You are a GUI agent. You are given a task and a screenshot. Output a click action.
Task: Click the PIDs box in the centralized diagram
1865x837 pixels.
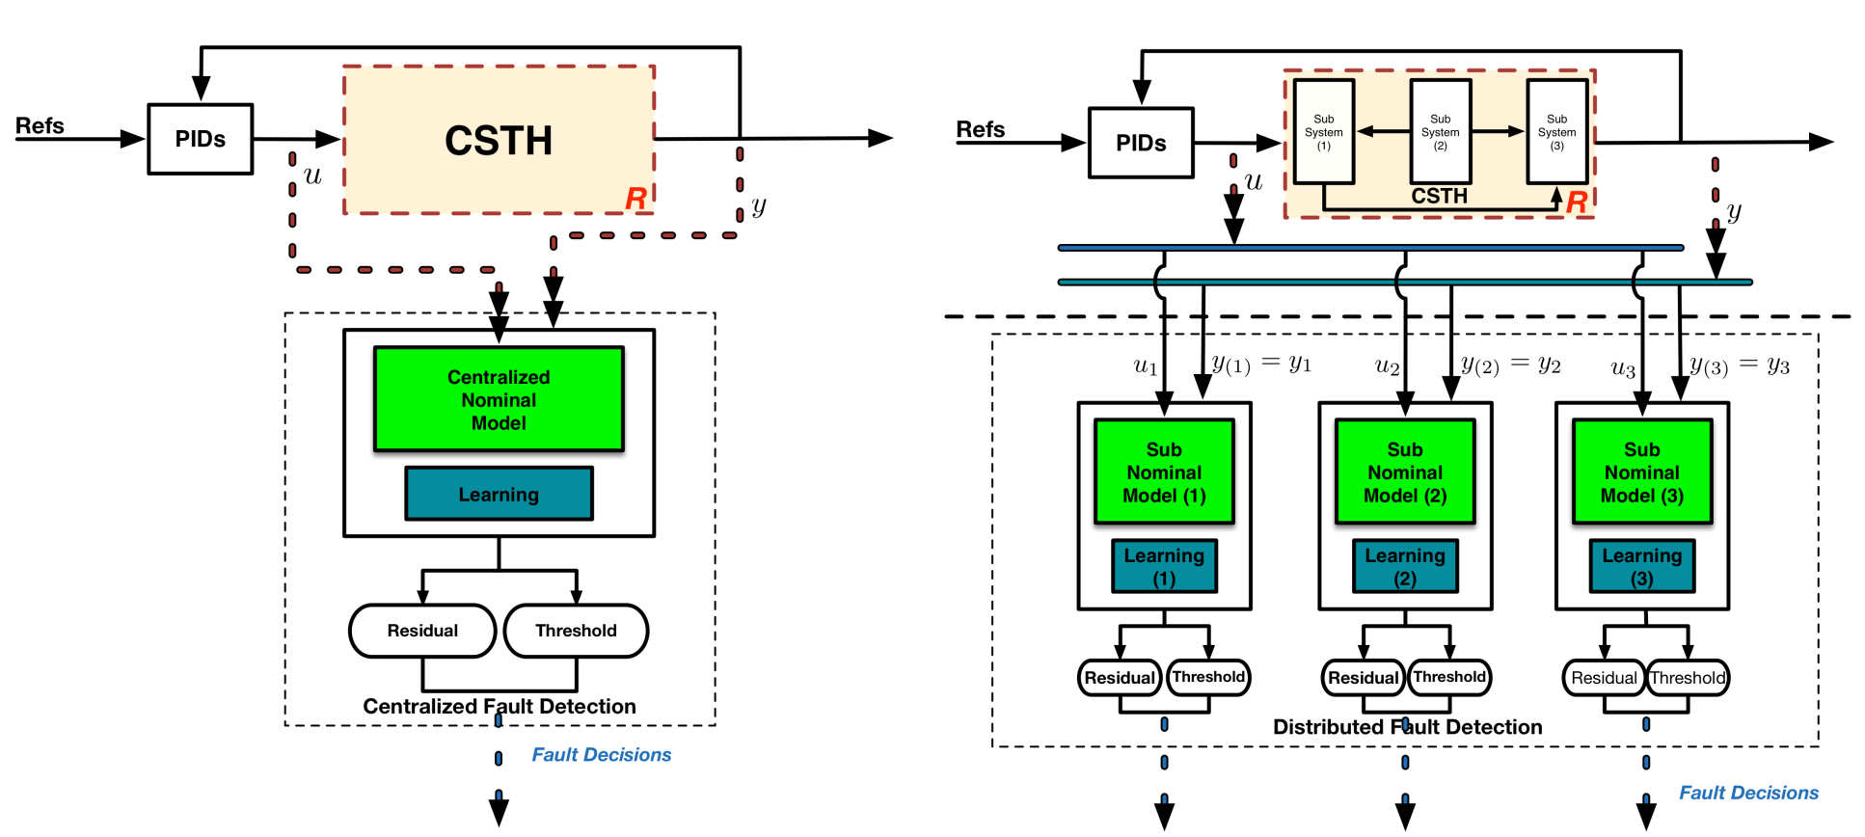coord(200,139)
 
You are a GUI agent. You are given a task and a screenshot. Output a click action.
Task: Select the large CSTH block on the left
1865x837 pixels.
coord(499,140)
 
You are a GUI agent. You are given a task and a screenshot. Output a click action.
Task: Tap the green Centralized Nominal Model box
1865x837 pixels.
coord(499,399)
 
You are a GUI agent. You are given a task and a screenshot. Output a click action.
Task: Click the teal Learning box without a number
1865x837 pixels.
coord(499,494)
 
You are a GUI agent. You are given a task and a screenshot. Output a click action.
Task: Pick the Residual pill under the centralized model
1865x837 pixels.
coord(422,631)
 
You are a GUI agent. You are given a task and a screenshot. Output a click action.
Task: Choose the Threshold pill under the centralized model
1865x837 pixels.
coord(576,631)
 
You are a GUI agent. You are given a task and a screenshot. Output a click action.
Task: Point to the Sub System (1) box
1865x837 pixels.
coord(1323,132)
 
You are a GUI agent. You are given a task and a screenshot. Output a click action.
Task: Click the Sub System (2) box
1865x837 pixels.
coord(1440,132)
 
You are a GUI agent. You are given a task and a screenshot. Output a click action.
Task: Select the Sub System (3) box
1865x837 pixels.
coord(1556,132)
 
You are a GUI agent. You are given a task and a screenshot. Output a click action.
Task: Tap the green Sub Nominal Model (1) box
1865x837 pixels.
coord(1164,472)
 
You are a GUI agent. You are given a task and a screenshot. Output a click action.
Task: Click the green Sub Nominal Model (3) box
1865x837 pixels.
coord(1641,472)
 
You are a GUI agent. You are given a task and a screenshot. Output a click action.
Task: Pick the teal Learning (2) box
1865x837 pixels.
coord(1405,566)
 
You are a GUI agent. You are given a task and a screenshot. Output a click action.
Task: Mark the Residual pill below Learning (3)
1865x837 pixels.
coord(1604,678)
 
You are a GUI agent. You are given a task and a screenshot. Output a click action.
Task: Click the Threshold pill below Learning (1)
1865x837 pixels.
coord(1208,677)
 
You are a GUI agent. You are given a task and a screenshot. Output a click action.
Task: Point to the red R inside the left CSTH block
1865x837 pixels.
coord(635,199)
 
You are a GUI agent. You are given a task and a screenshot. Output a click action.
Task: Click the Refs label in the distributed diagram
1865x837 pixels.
coord(980,129)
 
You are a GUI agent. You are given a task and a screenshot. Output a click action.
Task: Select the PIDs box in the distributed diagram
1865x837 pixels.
coord(1141,143)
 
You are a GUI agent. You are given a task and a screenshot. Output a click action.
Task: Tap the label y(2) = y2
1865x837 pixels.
coord(1510,364)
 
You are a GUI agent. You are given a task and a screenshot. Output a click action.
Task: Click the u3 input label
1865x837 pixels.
coord(1622,368)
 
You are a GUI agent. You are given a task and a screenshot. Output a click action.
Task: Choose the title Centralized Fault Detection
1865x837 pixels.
coord(499,706)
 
